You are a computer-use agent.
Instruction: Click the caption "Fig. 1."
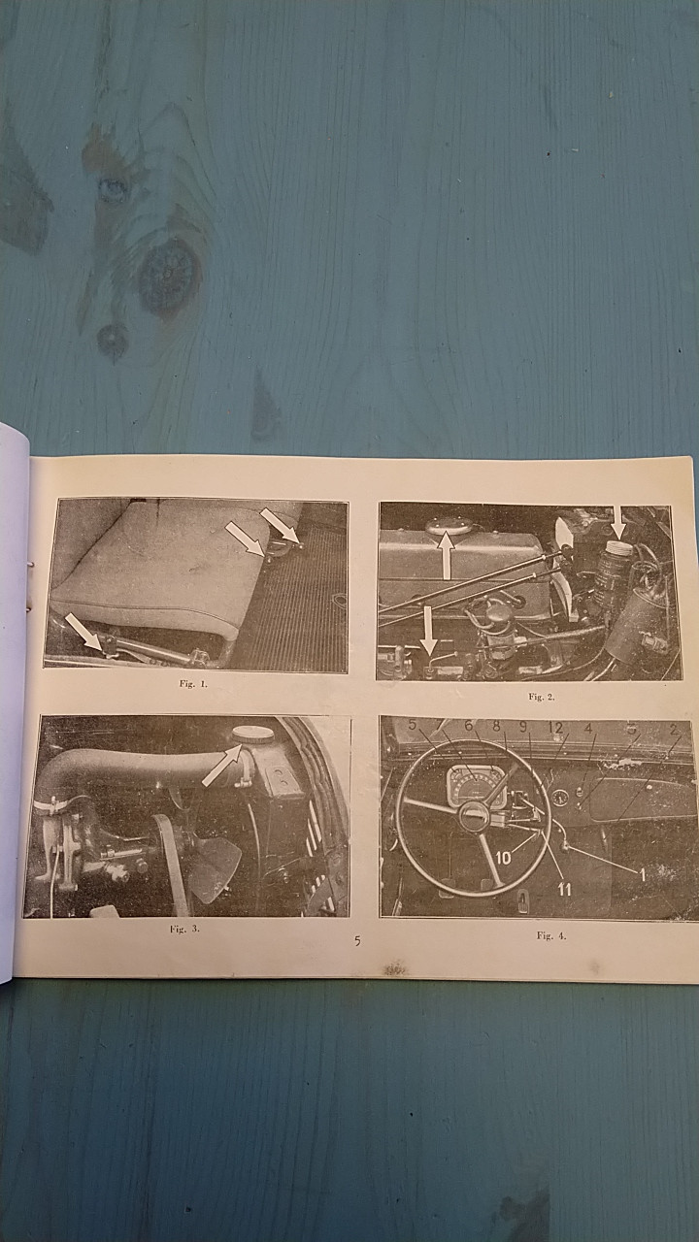pyautogui.click(x=193, y=684)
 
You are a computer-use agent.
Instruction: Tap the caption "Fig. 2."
pyautogui.click(x=541, y=697)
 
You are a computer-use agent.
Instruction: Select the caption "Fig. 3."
pyautogui.click(x=184, y=929)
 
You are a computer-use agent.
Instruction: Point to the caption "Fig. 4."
pyautogui.click(x=551, y=936)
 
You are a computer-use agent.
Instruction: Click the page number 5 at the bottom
pyautogui.click(x=358, y=940)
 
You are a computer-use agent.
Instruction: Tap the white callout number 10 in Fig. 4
pyautogui.click(x=503, y=859)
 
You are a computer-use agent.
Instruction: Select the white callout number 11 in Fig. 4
pyautogui.click(x=564, y=890)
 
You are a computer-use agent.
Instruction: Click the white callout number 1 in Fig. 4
pyautogui.click(x=643, y=875)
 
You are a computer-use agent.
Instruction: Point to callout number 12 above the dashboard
pyautogui.click(x=555, y=728)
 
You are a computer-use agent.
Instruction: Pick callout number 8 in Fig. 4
pyautogui.click(x=496, y=725)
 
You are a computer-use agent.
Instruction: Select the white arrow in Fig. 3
pyautogui.click(x=222, y=766)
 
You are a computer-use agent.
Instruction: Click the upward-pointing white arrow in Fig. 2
pyautogui.click(x=446, y=556)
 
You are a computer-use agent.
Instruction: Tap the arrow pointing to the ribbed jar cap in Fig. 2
pyautogui.click(x=619, y=523)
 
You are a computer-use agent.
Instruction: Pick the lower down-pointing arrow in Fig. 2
pyautogui.click(x=428, y=631)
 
